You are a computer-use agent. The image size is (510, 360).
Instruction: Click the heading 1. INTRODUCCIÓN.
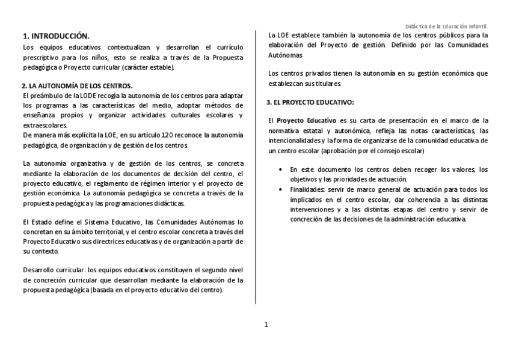[56, 36]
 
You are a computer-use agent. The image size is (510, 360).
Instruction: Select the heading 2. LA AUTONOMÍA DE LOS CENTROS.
[77, 87]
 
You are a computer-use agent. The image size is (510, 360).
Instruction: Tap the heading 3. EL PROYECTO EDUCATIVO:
[310, 103]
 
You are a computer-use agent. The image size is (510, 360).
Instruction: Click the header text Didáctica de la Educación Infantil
[447, 27]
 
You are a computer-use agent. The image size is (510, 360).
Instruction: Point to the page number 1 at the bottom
[266, 325]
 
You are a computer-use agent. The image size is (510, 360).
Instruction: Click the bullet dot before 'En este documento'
[282, 170]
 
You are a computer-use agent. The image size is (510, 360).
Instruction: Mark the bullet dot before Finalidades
[282, 189]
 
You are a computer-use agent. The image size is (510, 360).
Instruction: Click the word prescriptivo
[41, 57]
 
